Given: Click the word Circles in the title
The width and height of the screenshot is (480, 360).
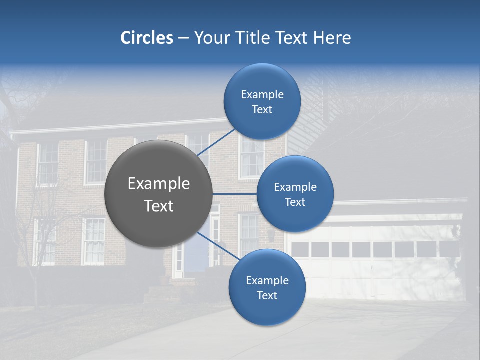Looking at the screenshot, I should pos(146,38).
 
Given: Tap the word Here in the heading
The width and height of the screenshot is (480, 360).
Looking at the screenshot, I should pos(332,38).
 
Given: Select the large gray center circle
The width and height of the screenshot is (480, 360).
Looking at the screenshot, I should pos(158,194).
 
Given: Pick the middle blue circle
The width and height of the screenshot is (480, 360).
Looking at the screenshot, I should pos(295,194).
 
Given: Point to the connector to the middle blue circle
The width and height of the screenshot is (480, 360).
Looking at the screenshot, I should pos(234,194).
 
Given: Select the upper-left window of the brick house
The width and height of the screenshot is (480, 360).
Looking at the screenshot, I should pos(48,162).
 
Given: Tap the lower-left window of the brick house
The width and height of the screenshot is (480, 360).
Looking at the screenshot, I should pos(45,241).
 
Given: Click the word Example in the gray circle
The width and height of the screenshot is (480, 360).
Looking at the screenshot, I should pos(159,184).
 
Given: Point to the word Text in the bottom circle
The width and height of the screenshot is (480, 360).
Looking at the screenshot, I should pos(267,295).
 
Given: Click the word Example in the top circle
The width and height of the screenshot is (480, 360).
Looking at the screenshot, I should pos(262,94).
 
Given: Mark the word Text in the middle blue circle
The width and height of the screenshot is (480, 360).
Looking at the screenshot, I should pos(295,202).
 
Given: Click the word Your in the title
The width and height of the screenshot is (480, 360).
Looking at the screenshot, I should pos(210,38).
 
